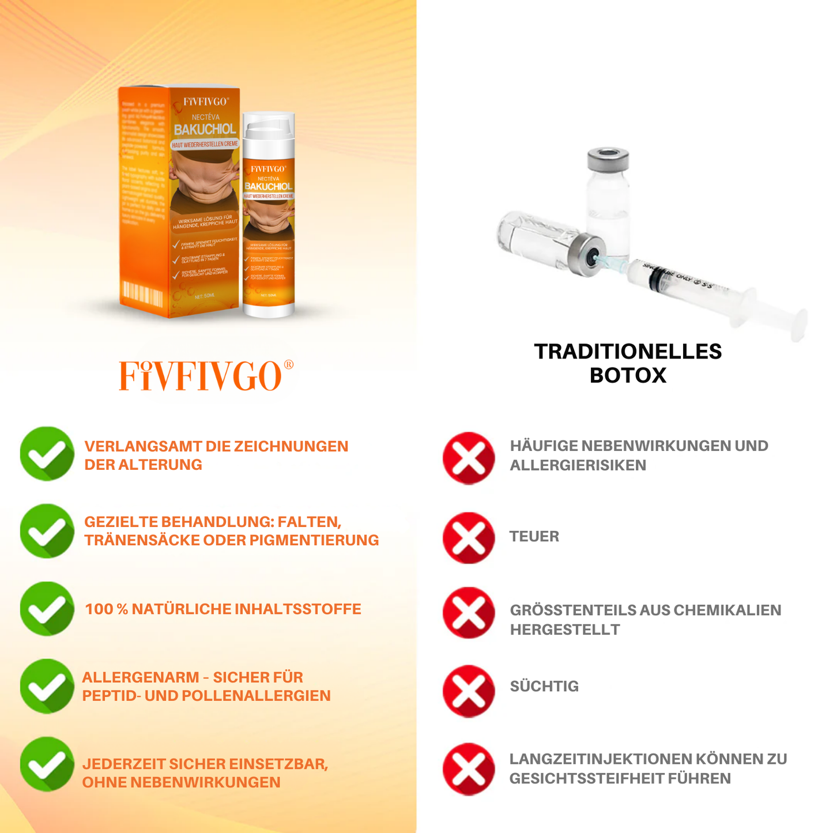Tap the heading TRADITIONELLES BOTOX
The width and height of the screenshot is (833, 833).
628,363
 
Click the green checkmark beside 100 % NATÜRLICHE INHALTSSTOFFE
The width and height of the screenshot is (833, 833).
47,609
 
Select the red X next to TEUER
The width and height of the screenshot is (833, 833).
469,538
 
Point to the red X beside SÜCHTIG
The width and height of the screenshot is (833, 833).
469,691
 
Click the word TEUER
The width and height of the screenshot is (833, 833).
534,537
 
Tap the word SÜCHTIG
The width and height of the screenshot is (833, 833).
544,687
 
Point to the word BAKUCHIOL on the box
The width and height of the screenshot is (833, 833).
205,130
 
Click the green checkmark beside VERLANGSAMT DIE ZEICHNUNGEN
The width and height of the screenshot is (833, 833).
47,454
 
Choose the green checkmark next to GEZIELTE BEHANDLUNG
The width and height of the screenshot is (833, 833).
47,531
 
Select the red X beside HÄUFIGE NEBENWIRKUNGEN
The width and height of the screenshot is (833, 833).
469,458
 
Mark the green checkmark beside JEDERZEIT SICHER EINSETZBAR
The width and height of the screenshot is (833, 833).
47,764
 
